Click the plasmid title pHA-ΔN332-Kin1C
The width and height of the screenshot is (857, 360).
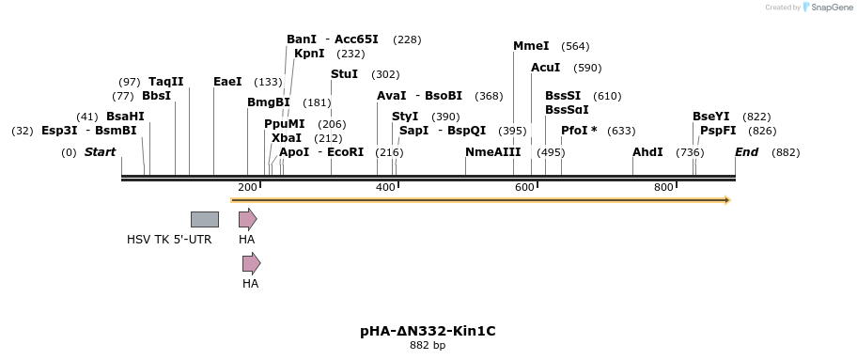coord(428,331)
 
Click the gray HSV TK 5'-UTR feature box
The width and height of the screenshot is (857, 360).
coord(204,219)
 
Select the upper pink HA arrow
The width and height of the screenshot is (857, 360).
coord(247,219)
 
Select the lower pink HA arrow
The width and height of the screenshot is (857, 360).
coord(251,263)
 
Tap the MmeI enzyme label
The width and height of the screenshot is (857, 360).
coord(531,46)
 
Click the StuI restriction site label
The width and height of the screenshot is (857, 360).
coord(344,74)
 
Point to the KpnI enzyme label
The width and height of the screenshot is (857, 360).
coord(309,54)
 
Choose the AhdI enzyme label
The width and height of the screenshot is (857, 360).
coord(647,152)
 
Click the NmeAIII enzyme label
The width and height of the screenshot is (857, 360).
coord(492,152)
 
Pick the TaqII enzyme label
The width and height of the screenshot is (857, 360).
coord(165,82)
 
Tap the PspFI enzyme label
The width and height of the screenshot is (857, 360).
coord(718,131)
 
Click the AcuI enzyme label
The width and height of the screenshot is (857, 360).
coord(545,68)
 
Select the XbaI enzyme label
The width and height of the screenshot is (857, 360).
coord(287,138)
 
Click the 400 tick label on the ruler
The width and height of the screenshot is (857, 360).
coord(385,188)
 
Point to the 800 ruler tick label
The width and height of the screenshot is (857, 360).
coord(663,188)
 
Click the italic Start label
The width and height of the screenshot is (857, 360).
coord(100,152)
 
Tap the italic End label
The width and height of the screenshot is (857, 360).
coord(746,152)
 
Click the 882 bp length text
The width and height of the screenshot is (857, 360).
coord(428,346)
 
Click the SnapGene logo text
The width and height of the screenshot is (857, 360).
coord(832,7)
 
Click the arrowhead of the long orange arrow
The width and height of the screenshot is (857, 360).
coord(725,199)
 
